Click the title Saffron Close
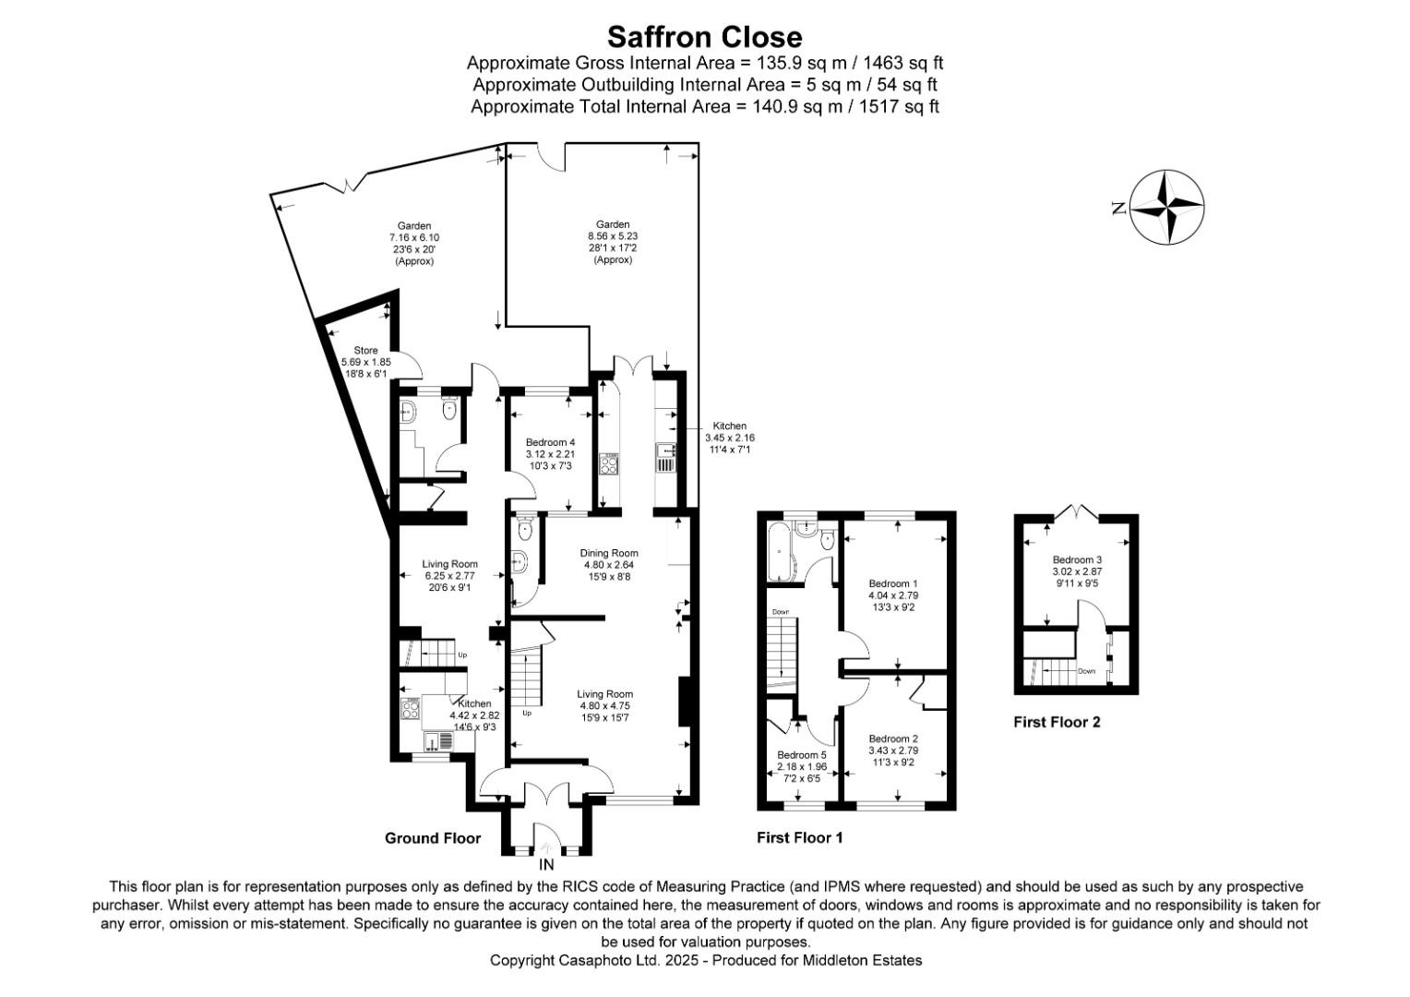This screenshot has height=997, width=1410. click(x=704, y=37)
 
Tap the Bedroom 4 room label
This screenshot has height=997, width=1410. click(x=550, y=442)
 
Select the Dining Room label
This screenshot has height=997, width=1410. click(x=609, y=553)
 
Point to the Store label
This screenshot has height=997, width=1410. click(x=366, y=351)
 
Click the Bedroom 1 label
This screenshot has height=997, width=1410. click(x=893, y=583)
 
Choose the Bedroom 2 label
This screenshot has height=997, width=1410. click(x=893, y=739)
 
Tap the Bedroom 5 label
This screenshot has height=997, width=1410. click(x=801, y=754)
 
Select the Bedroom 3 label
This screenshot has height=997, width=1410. click(x=1077, y=559)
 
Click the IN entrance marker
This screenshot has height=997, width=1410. click(x=546, y=865)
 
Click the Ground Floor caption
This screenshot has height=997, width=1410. click(x=433, y=838)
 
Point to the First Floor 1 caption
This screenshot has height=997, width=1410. click(x=799, y=838)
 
